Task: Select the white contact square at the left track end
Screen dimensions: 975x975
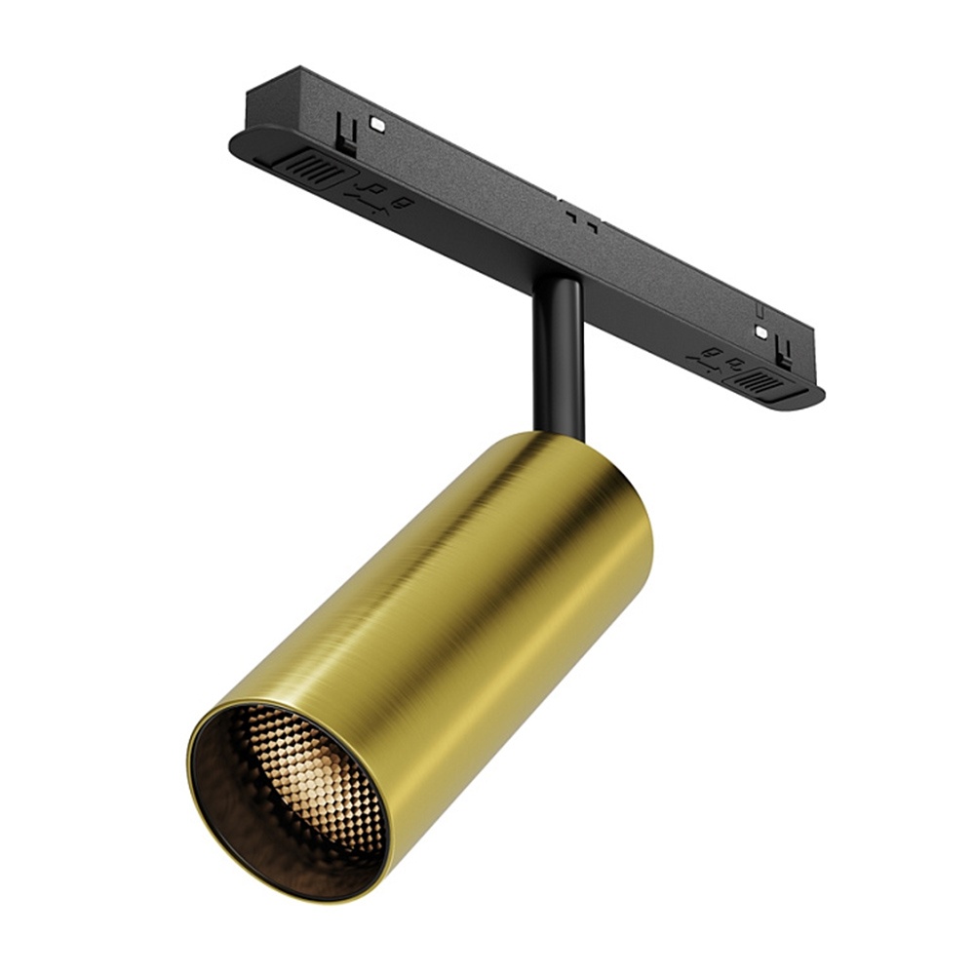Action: click(x=374, y=125)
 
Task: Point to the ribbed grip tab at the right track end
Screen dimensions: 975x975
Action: click(x=760, y=381)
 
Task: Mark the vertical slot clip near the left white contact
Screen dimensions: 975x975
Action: click(x=344, y=132)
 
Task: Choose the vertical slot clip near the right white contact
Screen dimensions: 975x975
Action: click(x=780, y=347)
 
